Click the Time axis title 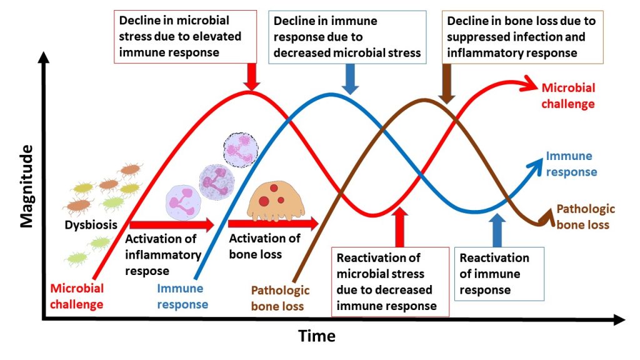pyautogui.click(x=316, y=336)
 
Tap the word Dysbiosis pyautogui.click(x=91, y=225)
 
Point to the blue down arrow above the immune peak pyautogui.click(x=351, y=79)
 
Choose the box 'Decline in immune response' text pyautogui.click(x=347, y=37)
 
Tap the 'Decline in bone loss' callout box pyautogui.click(x=522, y=37)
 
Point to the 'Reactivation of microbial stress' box pyautogui.click(x=389, y=281)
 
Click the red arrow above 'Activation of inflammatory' pyautogui.click(x=171, y=224)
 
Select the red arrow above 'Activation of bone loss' pyautogui.click(x=272, y=223)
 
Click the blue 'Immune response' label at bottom pyautogui.click(x=182, y=296)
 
